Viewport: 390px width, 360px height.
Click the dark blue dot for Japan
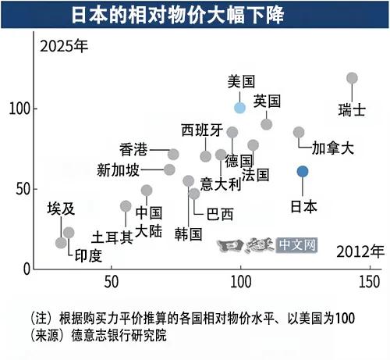click(303, 172)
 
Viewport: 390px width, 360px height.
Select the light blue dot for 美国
click(239, 108)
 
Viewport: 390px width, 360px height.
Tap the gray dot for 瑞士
click(352, 78)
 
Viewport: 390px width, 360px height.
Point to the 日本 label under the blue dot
click(303, 207)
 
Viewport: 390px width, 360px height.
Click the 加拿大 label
click(333, 148)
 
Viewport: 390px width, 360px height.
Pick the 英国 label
click(267, 101)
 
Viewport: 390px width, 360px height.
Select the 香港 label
click(133, 150)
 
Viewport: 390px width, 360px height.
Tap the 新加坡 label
click(119, 170)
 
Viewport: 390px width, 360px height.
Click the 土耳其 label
click(112, 237)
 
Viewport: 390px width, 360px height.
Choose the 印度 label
click(88, 255)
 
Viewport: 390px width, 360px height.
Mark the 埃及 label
click(61, 209)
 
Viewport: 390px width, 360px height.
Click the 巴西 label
click(220, 214)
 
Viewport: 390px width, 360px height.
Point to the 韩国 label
click(188, 234)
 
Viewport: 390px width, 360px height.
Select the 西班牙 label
click(202, 130)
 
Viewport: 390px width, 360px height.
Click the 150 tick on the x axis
click(370, 282)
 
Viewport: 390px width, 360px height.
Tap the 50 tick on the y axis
click(23, 189)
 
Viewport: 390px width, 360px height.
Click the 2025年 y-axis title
click(64, 46)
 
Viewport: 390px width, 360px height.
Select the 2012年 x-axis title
click(360, 251)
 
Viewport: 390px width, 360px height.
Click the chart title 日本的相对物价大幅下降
click(178, 15)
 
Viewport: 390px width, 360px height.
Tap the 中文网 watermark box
click(297, 245)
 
